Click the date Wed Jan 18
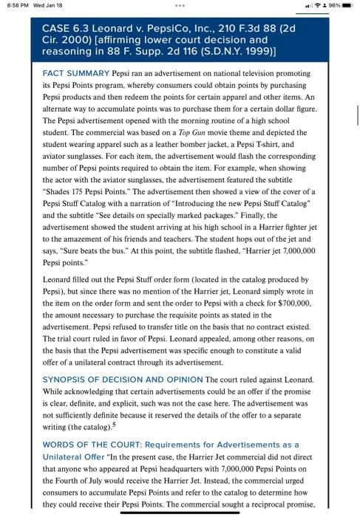[x=47, y=7]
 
